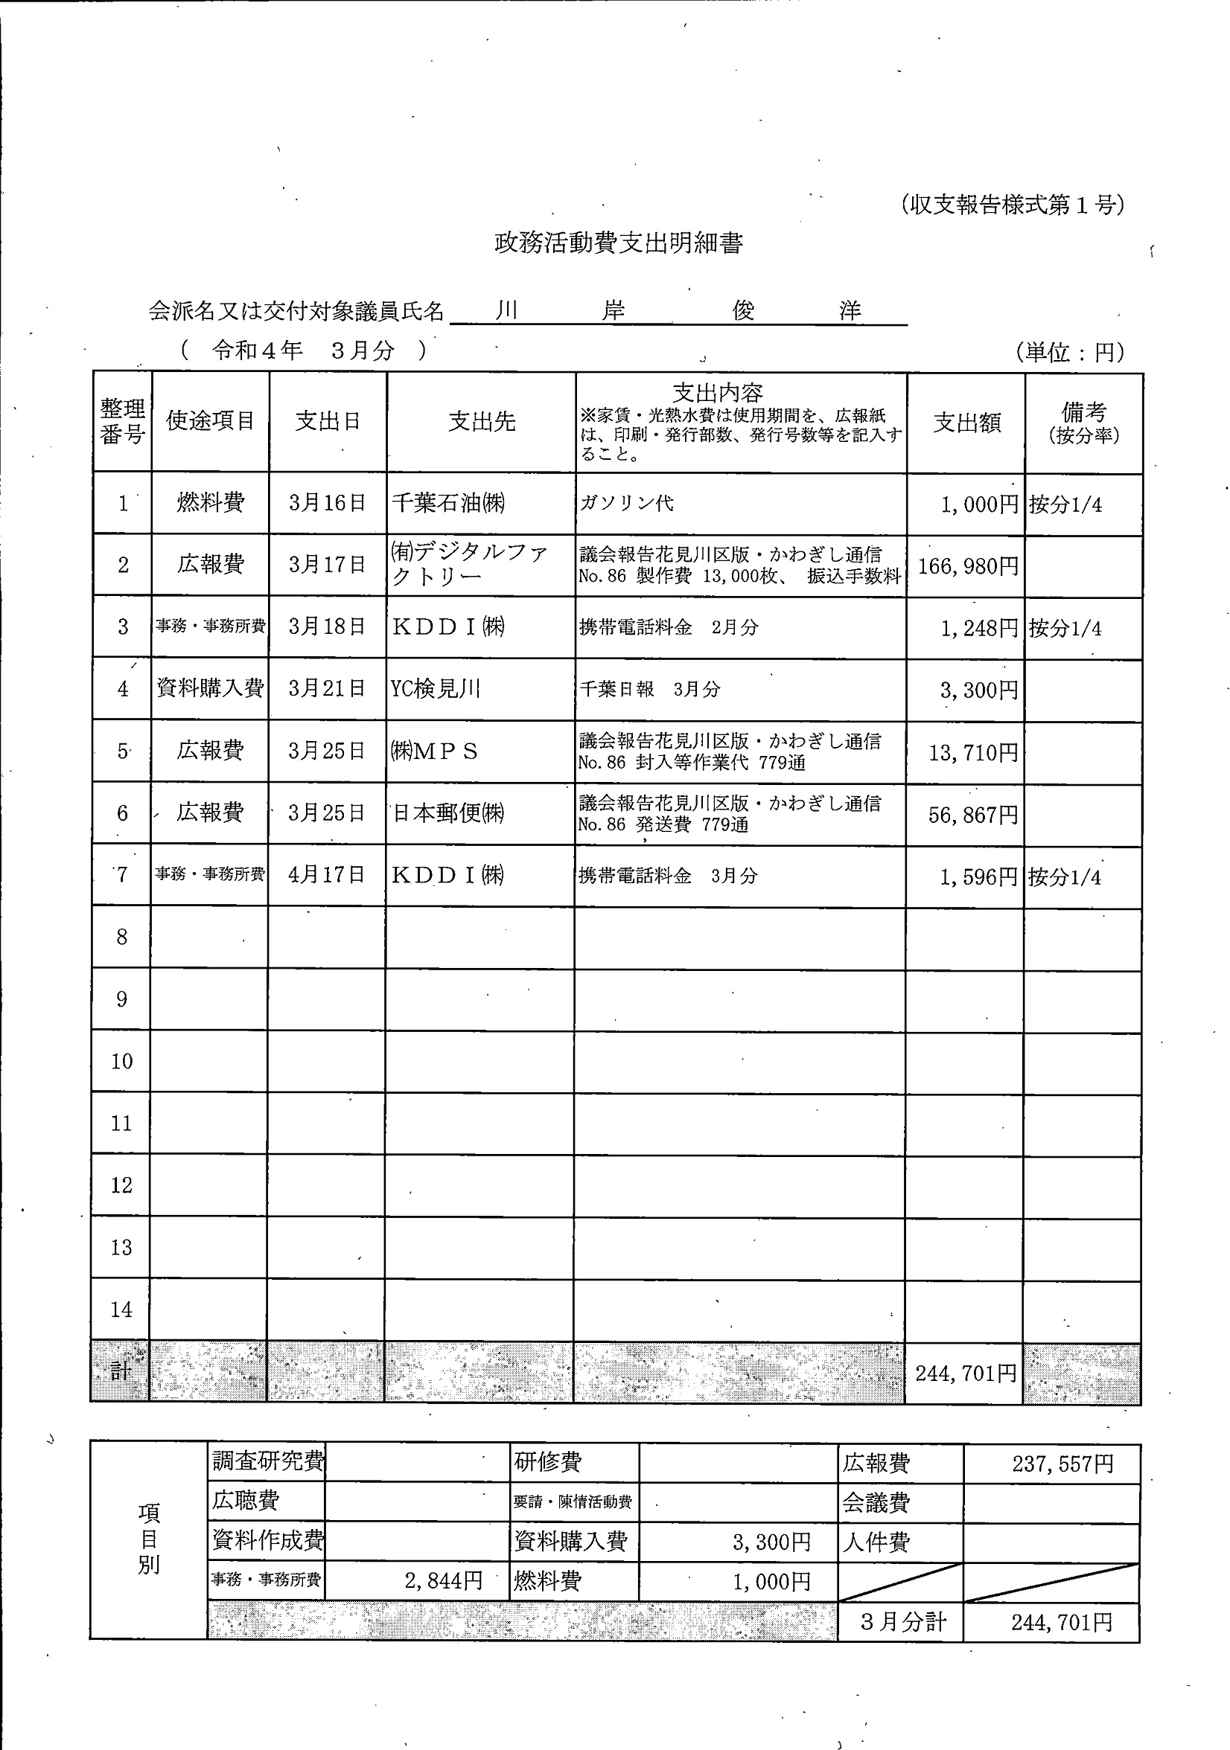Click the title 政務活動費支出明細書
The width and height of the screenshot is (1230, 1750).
pyautogui.click(x=619, y=243)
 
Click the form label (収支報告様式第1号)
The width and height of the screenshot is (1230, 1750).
pyautogui.click(x=1012, y=205)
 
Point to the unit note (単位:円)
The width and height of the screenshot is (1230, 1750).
pyautogui.click(x=1070, y=352)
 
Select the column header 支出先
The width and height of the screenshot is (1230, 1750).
pyautogui.click(x=481, y=421)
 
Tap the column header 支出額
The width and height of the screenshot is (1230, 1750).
pyautogui.click(x=966, y=423)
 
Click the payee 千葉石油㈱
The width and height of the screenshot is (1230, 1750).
pyautogui.click(x=448, y=503)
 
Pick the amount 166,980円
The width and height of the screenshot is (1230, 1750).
pyautogui.click(x=968, y=566)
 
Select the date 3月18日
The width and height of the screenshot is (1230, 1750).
pyautogui.click(x=327, y=626)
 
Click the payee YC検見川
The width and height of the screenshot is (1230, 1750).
pyautogui.click(x=436, y=689)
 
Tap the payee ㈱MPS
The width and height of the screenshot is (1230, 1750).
pyautogui.click(x=434, y=751)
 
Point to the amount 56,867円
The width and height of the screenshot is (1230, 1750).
pyautogui.click(x=972, y=815)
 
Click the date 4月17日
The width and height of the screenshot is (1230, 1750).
pyautogui.click(x=326, y=875)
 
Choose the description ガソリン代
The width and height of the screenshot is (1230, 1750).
pyautogui.click(x=627, y=504)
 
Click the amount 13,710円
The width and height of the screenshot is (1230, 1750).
pyautogui.click(x=972, y=753)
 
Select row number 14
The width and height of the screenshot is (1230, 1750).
pyautogui.click(x=121, y=1310)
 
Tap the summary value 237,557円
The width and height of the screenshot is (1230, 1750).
pyautogui.click(x=1062, y=1464)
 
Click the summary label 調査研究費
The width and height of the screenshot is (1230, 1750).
pyautogui.click(x=267, y=1461)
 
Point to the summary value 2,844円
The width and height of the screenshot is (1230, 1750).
pyautogui.click(x=443, y=1581)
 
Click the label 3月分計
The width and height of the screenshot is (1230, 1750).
pyautogui.click(x=903, y=1621)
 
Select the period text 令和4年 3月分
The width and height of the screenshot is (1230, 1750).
pyautogui.click(x=304, y=350)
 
